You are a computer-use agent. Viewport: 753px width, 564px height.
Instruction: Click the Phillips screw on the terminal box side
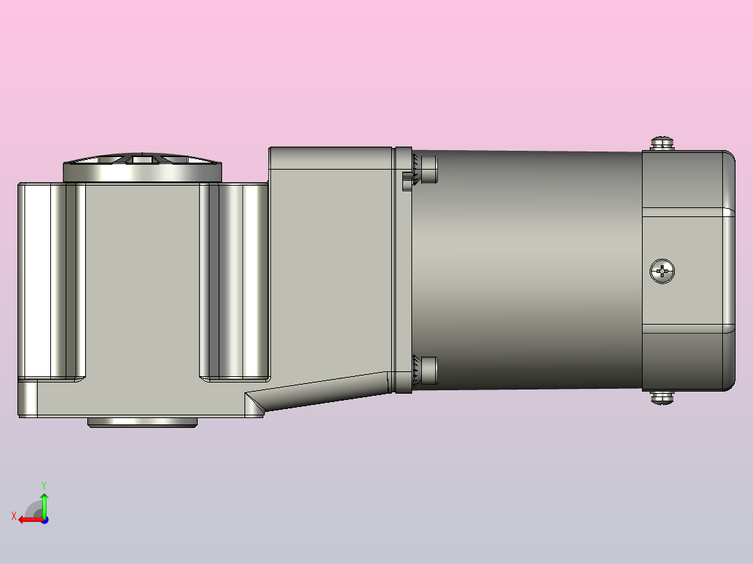(662, 271)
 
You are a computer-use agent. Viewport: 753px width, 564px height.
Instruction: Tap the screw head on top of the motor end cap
(662, 143)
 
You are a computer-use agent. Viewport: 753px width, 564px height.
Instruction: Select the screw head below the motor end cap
(662, 398)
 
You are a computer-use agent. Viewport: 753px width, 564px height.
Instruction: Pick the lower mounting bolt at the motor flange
(427, 370)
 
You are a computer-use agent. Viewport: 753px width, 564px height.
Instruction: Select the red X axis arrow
(28, 519)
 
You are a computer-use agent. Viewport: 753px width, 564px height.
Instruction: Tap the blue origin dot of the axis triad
(44, 519)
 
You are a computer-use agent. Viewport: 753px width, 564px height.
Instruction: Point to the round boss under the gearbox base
(142, 422)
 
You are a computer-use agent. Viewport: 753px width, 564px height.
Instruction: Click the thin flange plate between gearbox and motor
(402, 269)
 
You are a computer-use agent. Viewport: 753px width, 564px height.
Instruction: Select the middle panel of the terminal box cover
(688, 269)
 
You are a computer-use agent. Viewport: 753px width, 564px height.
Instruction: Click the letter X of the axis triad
(14, 516)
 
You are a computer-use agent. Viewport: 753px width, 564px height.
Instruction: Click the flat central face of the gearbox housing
(142, 279)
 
